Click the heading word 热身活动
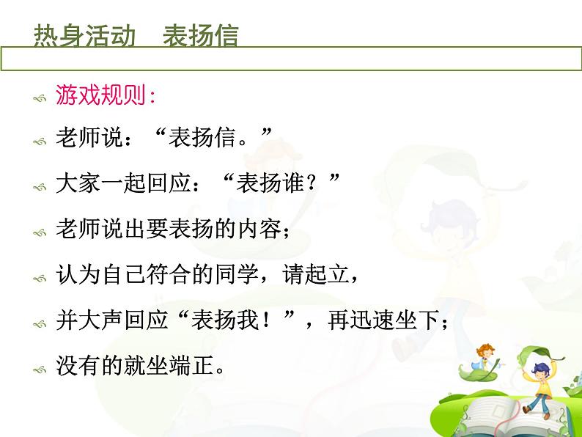point(84,36)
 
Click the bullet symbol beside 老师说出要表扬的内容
point(40,234)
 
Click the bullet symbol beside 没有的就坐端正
point(40,370)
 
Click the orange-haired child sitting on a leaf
point(485,359)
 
